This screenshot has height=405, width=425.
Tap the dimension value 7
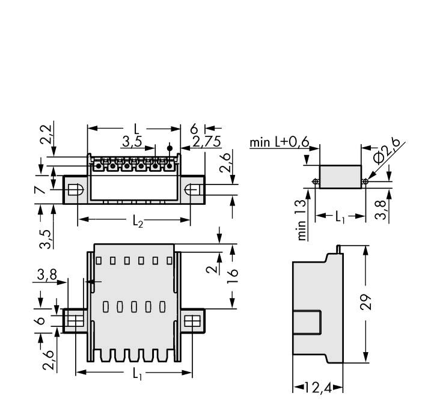pyautogui.click(x=40, y=190)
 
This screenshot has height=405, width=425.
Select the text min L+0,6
pyautogui.click(x=279, y=142)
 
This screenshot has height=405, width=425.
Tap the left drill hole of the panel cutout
pyautogui.click(x=315, y=181)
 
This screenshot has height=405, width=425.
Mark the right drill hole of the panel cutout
pyautogui.click(x=365, y=181)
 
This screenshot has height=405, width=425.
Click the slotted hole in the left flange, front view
pyautogui.click(x=74, y=190)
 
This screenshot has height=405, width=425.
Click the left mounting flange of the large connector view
pyautogui.click(x=75, y=321)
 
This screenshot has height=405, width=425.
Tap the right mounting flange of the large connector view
pyautogui.click(x=193, y=321)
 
